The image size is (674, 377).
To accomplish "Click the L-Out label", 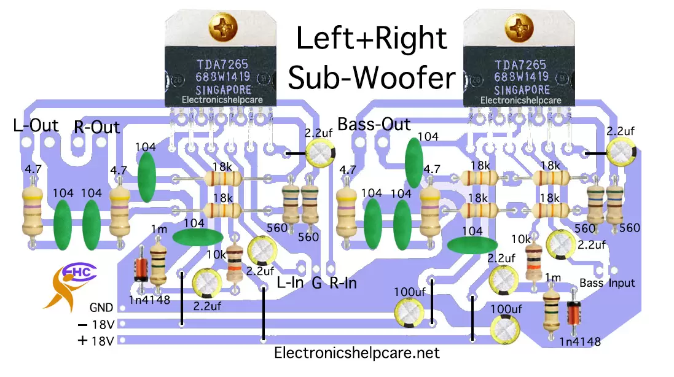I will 36,126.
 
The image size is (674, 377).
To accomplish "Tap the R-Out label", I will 96,128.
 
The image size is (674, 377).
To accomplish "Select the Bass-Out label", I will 374,125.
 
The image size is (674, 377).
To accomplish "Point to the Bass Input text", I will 607,283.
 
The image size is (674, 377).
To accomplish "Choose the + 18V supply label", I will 96,341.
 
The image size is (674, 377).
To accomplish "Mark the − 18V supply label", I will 96,324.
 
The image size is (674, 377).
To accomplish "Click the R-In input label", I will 343,283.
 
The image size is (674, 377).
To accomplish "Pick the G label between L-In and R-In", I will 317,283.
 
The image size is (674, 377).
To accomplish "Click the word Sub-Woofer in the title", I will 372,79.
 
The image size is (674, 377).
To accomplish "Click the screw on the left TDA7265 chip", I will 218,26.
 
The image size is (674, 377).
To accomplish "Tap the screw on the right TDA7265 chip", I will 517,26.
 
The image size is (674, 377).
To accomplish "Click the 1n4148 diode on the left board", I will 141,265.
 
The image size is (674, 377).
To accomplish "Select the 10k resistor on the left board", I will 234,262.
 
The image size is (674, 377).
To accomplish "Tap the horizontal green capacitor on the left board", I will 197,238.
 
